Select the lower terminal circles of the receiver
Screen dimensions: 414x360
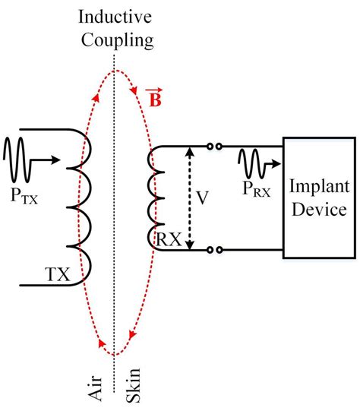216,248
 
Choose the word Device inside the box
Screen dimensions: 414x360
318,209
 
